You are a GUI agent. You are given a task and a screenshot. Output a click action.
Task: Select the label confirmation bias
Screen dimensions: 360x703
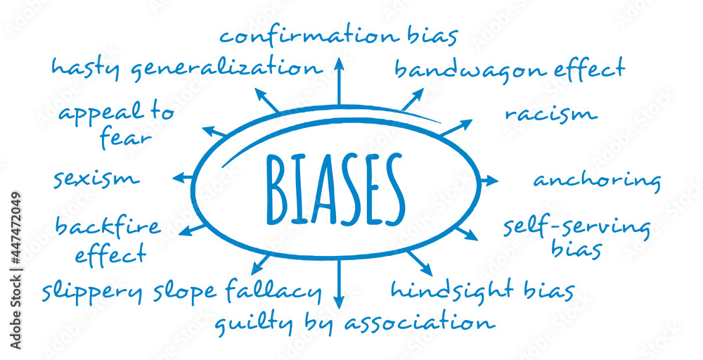(x=339, y=35)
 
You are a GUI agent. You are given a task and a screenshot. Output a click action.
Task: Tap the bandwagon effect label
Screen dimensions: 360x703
(x=509, y=69)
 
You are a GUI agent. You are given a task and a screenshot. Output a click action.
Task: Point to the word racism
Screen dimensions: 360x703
(x=550, y=114)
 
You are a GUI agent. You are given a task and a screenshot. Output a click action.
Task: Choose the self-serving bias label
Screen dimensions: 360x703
(x=576, y=237)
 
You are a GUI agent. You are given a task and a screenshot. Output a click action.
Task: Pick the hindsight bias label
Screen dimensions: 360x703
(x=482, y=290)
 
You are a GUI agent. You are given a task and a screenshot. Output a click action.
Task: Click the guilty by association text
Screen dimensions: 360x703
(x=354, y=323)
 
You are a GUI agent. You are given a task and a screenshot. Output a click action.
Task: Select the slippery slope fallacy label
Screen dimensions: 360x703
(x=181, y=290)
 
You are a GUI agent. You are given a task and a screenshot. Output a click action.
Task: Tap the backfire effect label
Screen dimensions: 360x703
(x=108, y=240)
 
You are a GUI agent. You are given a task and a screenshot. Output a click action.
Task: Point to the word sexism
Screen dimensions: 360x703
(x=96, y=179)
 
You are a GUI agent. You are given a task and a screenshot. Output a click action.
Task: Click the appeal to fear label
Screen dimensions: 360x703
(x=116, y=125)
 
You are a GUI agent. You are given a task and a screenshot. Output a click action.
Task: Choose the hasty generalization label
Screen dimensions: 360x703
(x=186, y=68)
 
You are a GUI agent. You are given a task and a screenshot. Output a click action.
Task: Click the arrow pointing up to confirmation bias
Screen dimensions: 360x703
(x=338, y=81)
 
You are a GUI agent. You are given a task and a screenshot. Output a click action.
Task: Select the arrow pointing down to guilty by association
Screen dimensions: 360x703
(x=338, y=285)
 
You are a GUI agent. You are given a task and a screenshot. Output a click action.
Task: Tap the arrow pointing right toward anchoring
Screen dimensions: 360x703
(x=488, y=181)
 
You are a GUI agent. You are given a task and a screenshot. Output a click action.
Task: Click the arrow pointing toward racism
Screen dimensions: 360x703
(x=457, y=128)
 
